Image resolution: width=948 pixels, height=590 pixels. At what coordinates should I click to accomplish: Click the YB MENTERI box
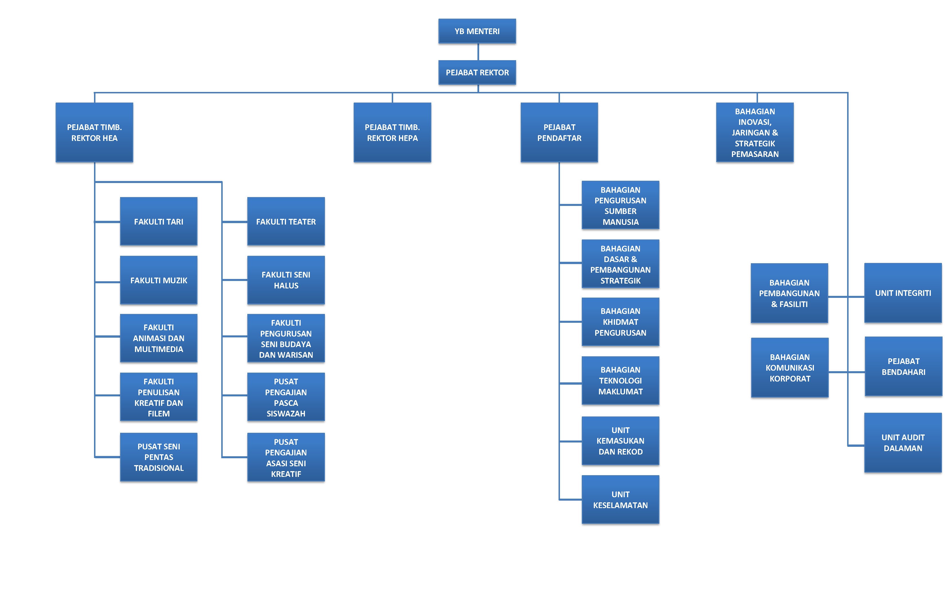pos(477,31)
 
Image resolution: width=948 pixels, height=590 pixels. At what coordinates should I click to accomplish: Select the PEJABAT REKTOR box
pos(477,72)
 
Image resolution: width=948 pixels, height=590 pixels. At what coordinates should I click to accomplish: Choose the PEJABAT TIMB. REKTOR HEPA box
pos(392,133)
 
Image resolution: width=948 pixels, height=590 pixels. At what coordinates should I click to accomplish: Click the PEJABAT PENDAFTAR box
pos(559,133)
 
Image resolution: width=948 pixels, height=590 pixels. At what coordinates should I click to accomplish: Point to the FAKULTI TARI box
pos(158,222)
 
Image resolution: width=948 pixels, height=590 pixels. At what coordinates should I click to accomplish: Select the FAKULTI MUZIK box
pos(158,280)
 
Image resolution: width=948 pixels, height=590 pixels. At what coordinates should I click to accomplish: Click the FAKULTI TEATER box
pos(286,222)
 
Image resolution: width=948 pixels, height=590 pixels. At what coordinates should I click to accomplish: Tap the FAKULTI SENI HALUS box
pos(286,280)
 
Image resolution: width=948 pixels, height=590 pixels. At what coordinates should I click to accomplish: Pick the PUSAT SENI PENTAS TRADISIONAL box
pos(158,457)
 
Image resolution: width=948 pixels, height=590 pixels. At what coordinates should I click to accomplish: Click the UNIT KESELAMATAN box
pos(620,499)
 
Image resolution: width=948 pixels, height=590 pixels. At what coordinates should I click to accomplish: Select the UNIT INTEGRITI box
pos(903,293)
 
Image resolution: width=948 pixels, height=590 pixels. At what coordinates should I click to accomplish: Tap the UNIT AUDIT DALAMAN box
pos(903,443)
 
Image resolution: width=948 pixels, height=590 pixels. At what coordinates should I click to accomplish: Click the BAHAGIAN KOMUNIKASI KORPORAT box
pos(790,367)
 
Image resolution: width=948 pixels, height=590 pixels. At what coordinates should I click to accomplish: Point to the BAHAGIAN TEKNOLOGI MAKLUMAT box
pos(620,380)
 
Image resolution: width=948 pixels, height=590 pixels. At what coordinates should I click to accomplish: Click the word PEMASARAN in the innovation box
pos(755,154)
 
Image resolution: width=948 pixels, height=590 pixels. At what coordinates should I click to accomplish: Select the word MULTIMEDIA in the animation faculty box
pos(158,349)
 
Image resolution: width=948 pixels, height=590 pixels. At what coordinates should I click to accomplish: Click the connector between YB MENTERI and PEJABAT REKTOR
pos(478,52)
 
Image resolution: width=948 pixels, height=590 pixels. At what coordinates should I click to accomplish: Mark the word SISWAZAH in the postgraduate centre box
pos(286,414)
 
